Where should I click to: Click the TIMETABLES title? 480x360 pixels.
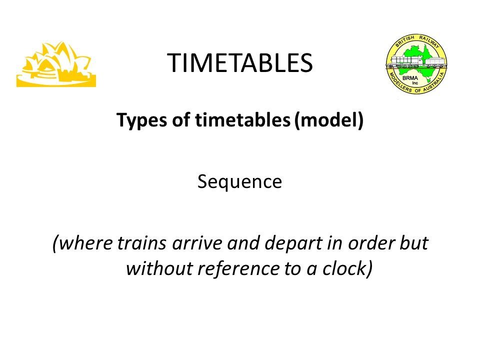click(239, 63)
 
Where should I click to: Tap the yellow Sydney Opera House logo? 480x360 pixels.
click(56, 64)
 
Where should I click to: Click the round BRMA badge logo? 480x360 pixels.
click(416, 63)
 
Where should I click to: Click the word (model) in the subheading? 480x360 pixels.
click(328, 120)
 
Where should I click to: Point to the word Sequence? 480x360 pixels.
click(239, 182)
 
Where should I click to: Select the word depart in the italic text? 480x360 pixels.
click(293, 244)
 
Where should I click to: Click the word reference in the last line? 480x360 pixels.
click(238, 268)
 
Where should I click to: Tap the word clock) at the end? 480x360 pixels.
click(347, 269)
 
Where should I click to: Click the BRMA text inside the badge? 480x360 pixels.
click(410, 78)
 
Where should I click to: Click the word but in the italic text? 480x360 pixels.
click(414, 243)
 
